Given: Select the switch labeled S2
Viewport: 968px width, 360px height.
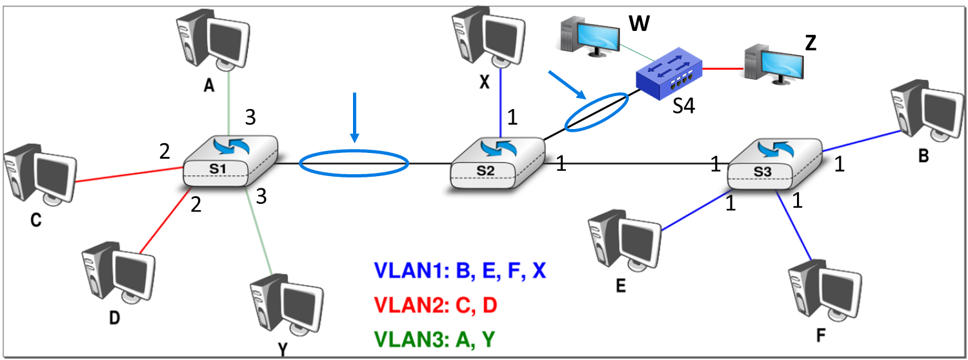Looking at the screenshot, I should (x=496, y=163).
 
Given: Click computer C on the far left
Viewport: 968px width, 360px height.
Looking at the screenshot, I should (x=38, y=178).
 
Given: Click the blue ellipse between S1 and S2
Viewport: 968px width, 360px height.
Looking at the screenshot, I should (x=354, y=163).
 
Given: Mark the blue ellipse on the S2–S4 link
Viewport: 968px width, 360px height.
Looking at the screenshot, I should (x=595, y=112).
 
